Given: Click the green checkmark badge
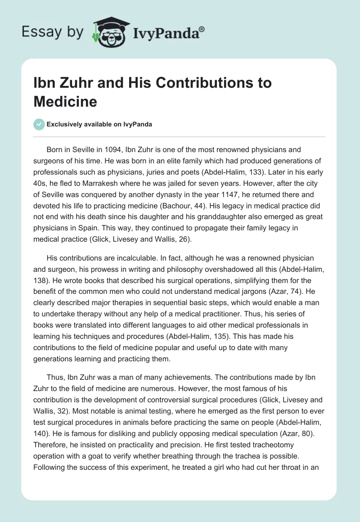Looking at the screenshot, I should pyautogui.click(x=39, y=124).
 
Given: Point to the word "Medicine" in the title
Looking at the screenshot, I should pyautogui.click(x=65, y=102).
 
